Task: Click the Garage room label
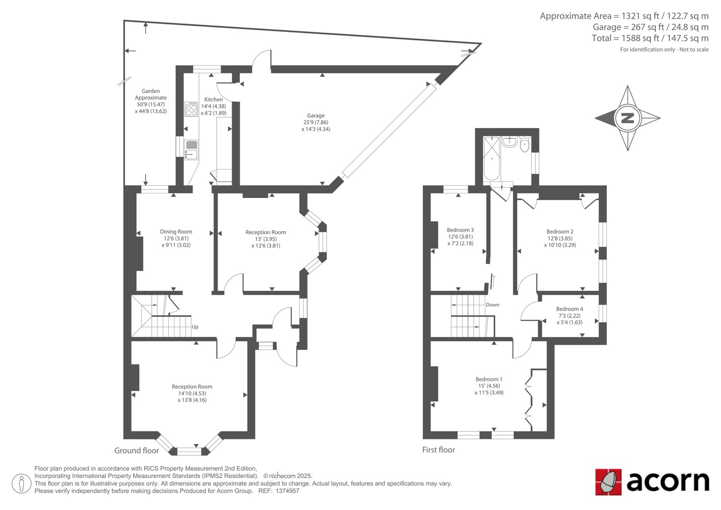(315, 115)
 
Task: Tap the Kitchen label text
(214, 100)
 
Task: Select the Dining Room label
(176, 232)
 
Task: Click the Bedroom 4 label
(570, 308)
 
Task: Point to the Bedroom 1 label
(489, 379)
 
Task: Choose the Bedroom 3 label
(460, 230)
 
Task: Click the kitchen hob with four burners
(191, 109)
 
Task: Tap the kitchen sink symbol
(191, 150)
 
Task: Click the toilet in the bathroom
(525, 144)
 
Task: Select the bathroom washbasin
(510, 142)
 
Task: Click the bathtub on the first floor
(492, 158)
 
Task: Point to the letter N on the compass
(627, 118)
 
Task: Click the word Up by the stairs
(195, 326)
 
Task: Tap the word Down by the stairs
(493, 305)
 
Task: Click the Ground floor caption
(137, 450)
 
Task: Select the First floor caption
(439, 450)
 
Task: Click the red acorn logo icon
(608, 482)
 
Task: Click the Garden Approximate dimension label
(151, 101)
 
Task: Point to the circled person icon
(21, 483)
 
